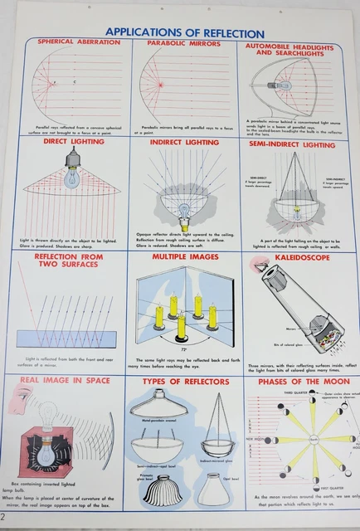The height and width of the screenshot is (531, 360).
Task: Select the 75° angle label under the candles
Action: point(181,341)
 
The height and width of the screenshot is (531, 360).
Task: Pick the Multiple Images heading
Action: point(183,258)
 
